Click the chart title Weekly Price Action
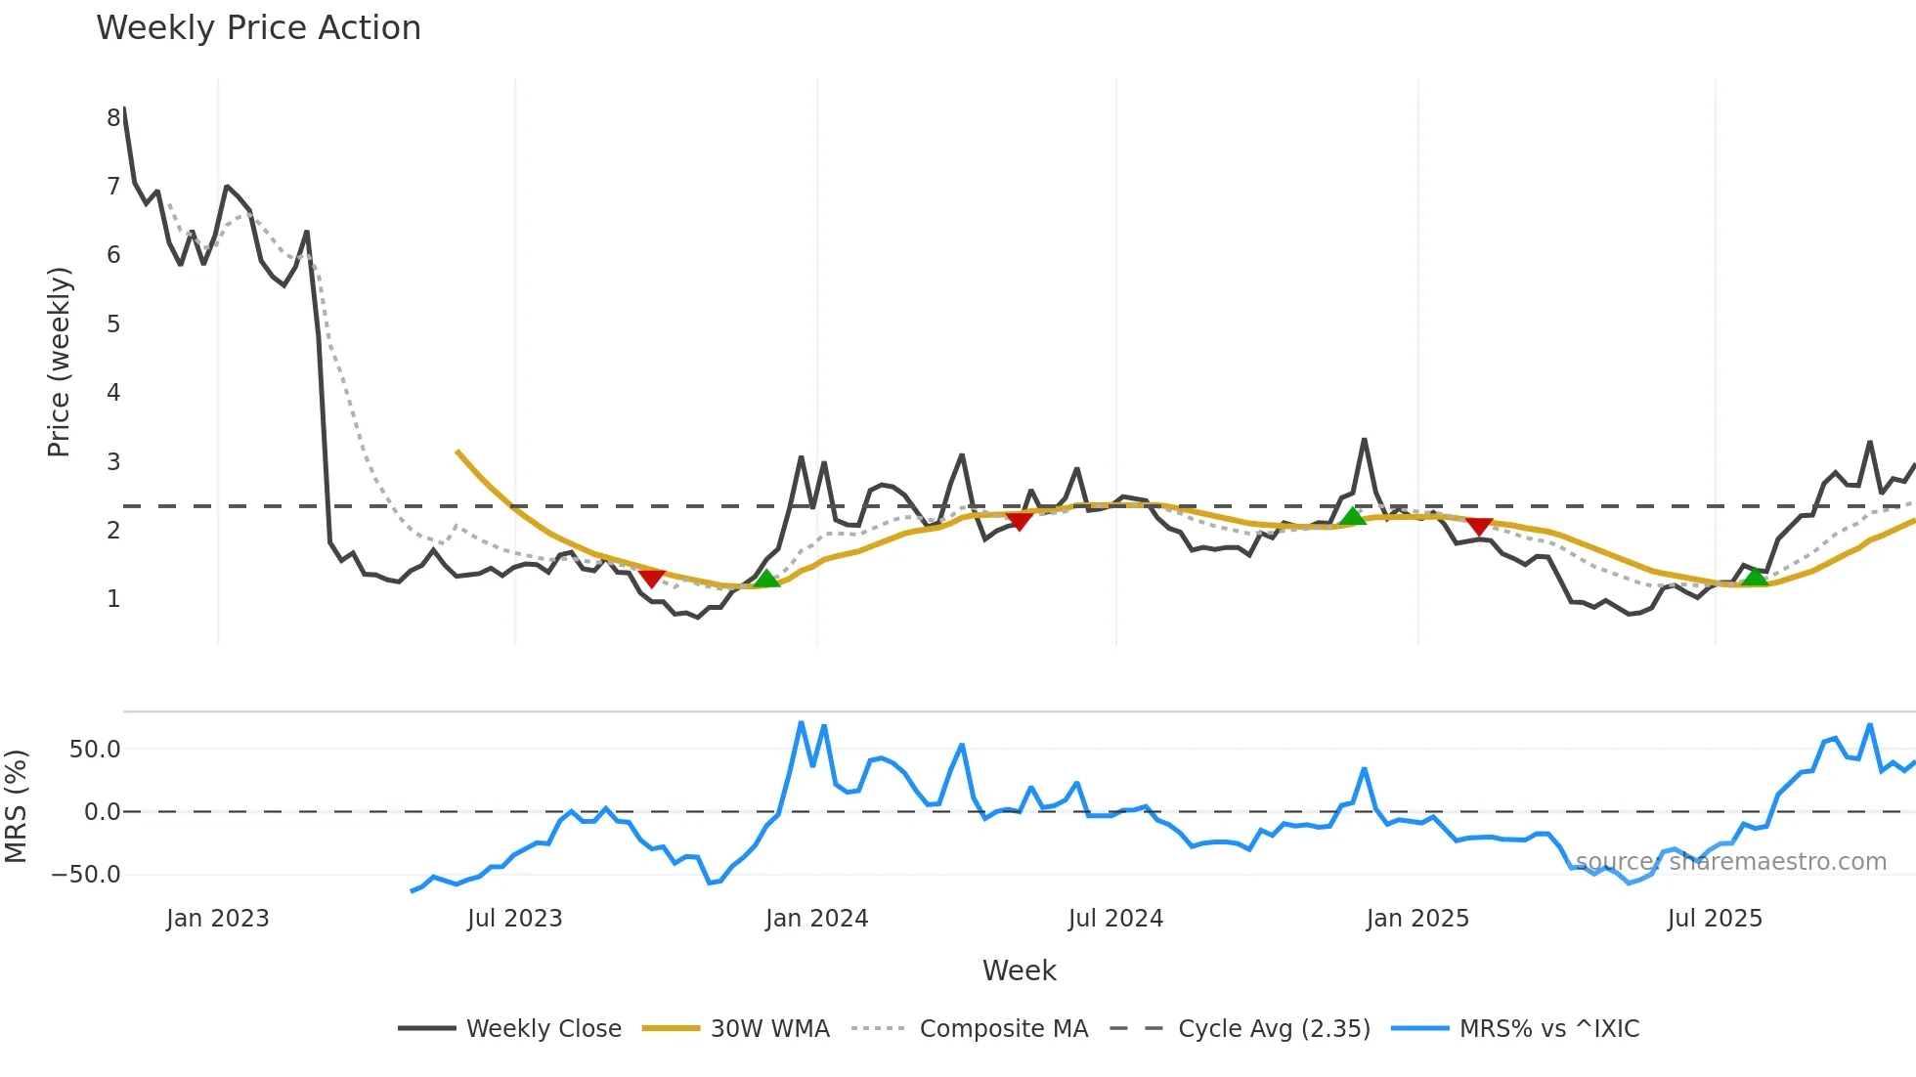point(258,27)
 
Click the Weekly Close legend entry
point(543,1028)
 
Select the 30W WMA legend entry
point(769,1028)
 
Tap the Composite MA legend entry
point(1003,1028)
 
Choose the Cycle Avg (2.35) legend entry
point(1274,1028)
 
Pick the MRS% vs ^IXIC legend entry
point(1548,1028)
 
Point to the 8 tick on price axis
point(113,117)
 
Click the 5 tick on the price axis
point(113,323)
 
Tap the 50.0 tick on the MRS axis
point(95,750)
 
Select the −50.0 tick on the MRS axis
point(86,874)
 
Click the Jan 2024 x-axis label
point(816,919)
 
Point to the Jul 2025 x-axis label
point(1715,919)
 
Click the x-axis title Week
point(1019,970)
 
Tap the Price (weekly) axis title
point(59,362)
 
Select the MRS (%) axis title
point(16,806)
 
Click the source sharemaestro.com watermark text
point(1730,862)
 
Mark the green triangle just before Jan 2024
point(767,579)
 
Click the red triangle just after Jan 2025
point(1479,527)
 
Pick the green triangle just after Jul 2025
point(1756,577)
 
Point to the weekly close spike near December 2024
point(1364,441)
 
